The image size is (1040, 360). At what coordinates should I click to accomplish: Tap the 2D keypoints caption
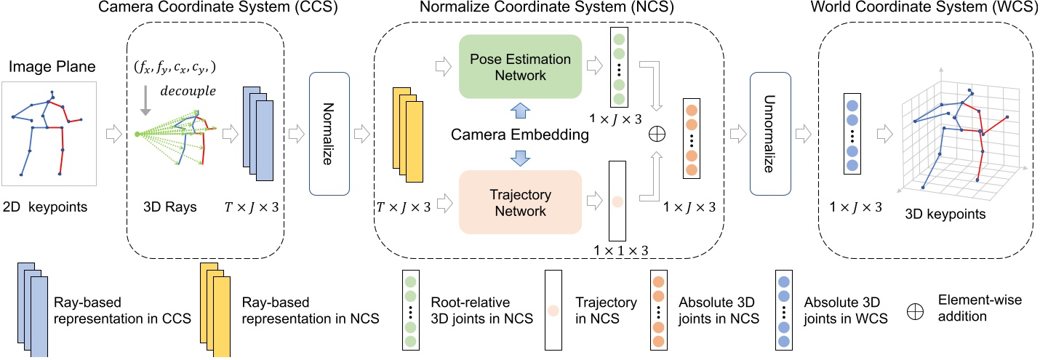pos(46,207)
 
